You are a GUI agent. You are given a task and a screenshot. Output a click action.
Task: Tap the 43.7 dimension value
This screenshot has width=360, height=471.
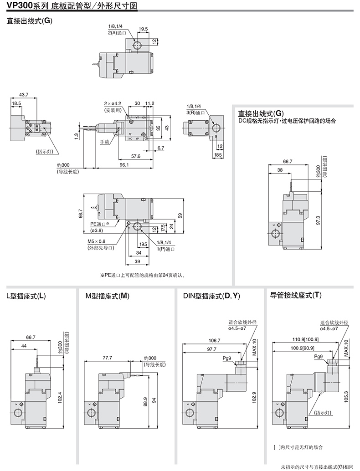pos(24,95)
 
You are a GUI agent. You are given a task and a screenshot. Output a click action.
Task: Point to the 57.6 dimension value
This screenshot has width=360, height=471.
pos(135,156)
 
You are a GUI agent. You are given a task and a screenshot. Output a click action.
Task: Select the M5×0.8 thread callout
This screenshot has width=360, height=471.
pos(97,241)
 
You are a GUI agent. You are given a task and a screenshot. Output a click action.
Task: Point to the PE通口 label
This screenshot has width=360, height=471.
pos(100,224)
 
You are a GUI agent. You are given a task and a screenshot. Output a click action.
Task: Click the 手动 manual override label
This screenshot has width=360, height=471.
pos(105,142)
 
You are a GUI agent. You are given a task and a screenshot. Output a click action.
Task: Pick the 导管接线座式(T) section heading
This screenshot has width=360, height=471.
pos(296,296)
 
